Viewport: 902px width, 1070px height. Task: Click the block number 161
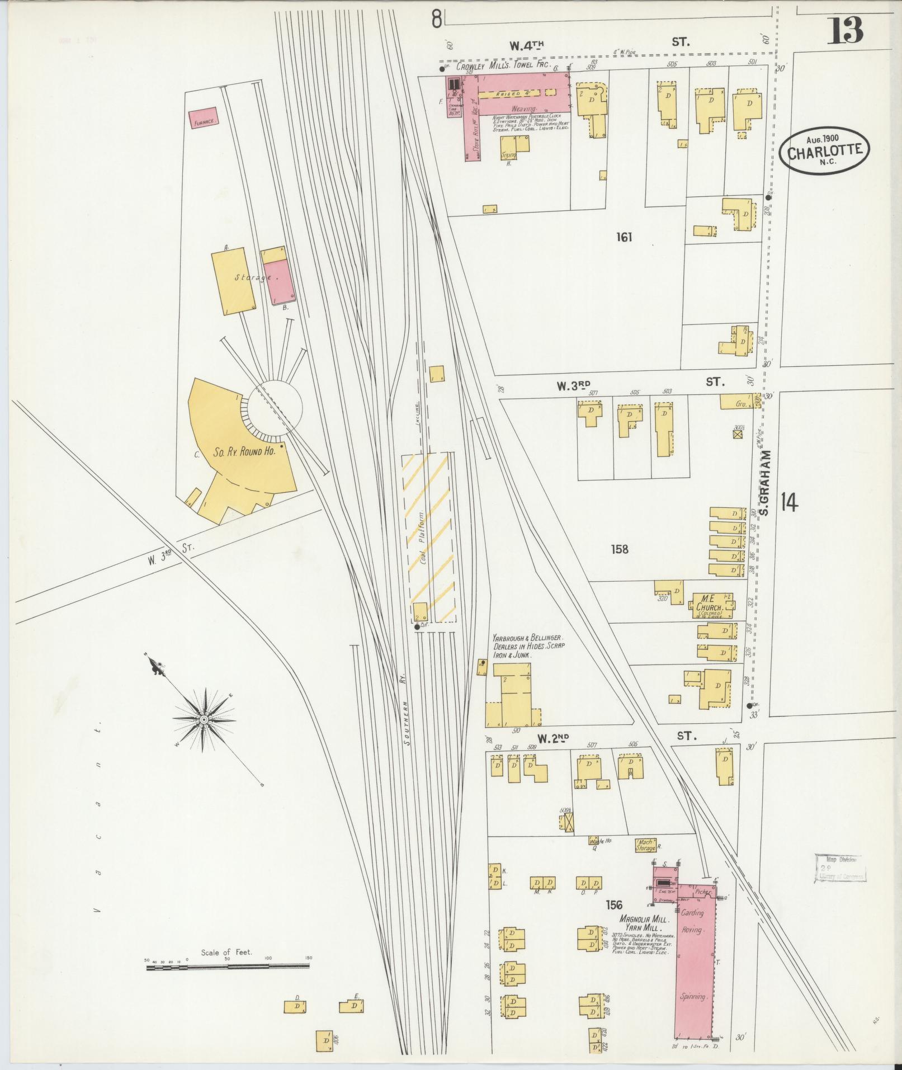click(624, 237)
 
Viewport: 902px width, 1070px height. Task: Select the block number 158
click(620, 549)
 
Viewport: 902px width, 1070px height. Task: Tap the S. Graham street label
click(766, 483)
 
